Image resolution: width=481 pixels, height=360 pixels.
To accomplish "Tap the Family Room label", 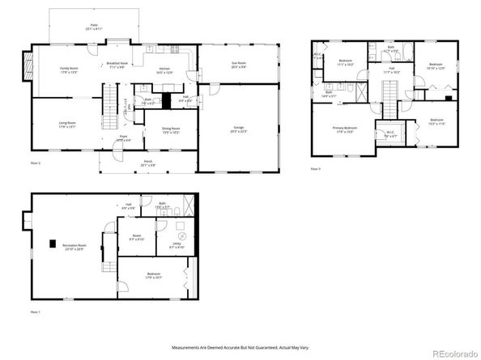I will pyautogui.click(x=69, y=70).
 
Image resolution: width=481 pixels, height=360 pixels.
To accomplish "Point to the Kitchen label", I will pyautogui.click(x=164, y=70).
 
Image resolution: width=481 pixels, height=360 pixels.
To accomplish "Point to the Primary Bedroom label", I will pyautogui.click(x=346, y=129).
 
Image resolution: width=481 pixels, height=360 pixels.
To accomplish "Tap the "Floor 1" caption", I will pyautogui.click(x=35, y=311).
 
